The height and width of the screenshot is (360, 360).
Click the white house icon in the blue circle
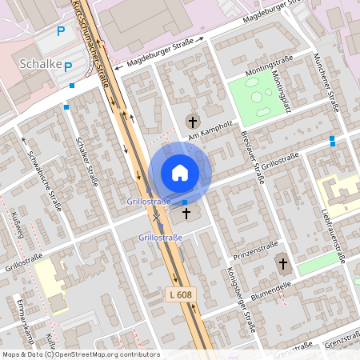[x=180, y=173]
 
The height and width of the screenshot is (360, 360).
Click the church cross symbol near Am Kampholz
[x=191, y=121]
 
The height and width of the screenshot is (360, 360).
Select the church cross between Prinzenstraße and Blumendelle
[x=282, y=264]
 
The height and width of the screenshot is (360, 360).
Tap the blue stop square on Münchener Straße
[x=332, y=139]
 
